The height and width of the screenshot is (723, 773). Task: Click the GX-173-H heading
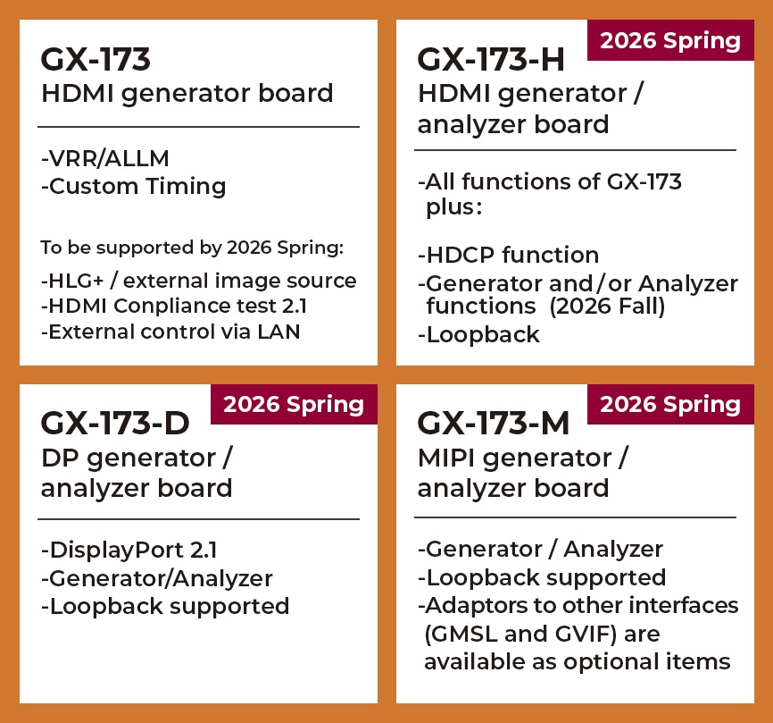(x=491, y=60)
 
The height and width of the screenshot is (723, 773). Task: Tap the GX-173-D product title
(x=115, y=424)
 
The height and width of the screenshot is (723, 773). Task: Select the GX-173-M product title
(x=493, y=424)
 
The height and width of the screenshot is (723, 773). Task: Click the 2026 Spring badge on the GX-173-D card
(x=294, y=404)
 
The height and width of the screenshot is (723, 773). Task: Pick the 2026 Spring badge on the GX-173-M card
(x=670, y=404)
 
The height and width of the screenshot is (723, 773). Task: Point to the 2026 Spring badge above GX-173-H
(x=670, y=40)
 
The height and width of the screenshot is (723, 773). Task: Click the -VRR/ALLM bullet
(x=105, y=158)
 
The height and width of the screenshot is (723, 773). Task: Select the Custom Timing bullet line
(x=134, y=187)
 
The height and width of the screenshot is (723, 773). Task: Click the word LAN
(x=278, y=332)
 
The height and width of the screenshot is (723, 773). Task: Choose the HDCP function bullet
(x=508, y=255)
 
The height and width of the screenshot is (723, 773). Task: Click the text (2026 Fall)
(x=607, y=306)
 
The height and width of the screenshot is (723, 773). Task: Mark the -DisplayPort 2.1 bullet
(x=129, y=551)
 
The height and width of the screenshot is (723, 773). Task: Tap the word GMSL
(x=465, y=634)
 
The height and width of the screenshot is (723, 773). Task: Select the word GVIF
(x=583, y=634)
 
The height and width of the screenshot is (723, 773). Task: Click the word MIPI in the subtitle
(x=445, y=458)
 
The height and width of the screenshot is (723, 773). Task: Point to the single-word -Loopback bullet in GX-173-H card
(x=478, y=334)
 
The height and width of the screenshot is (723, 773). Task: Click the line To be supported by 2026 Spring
(x=192, y=248)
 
